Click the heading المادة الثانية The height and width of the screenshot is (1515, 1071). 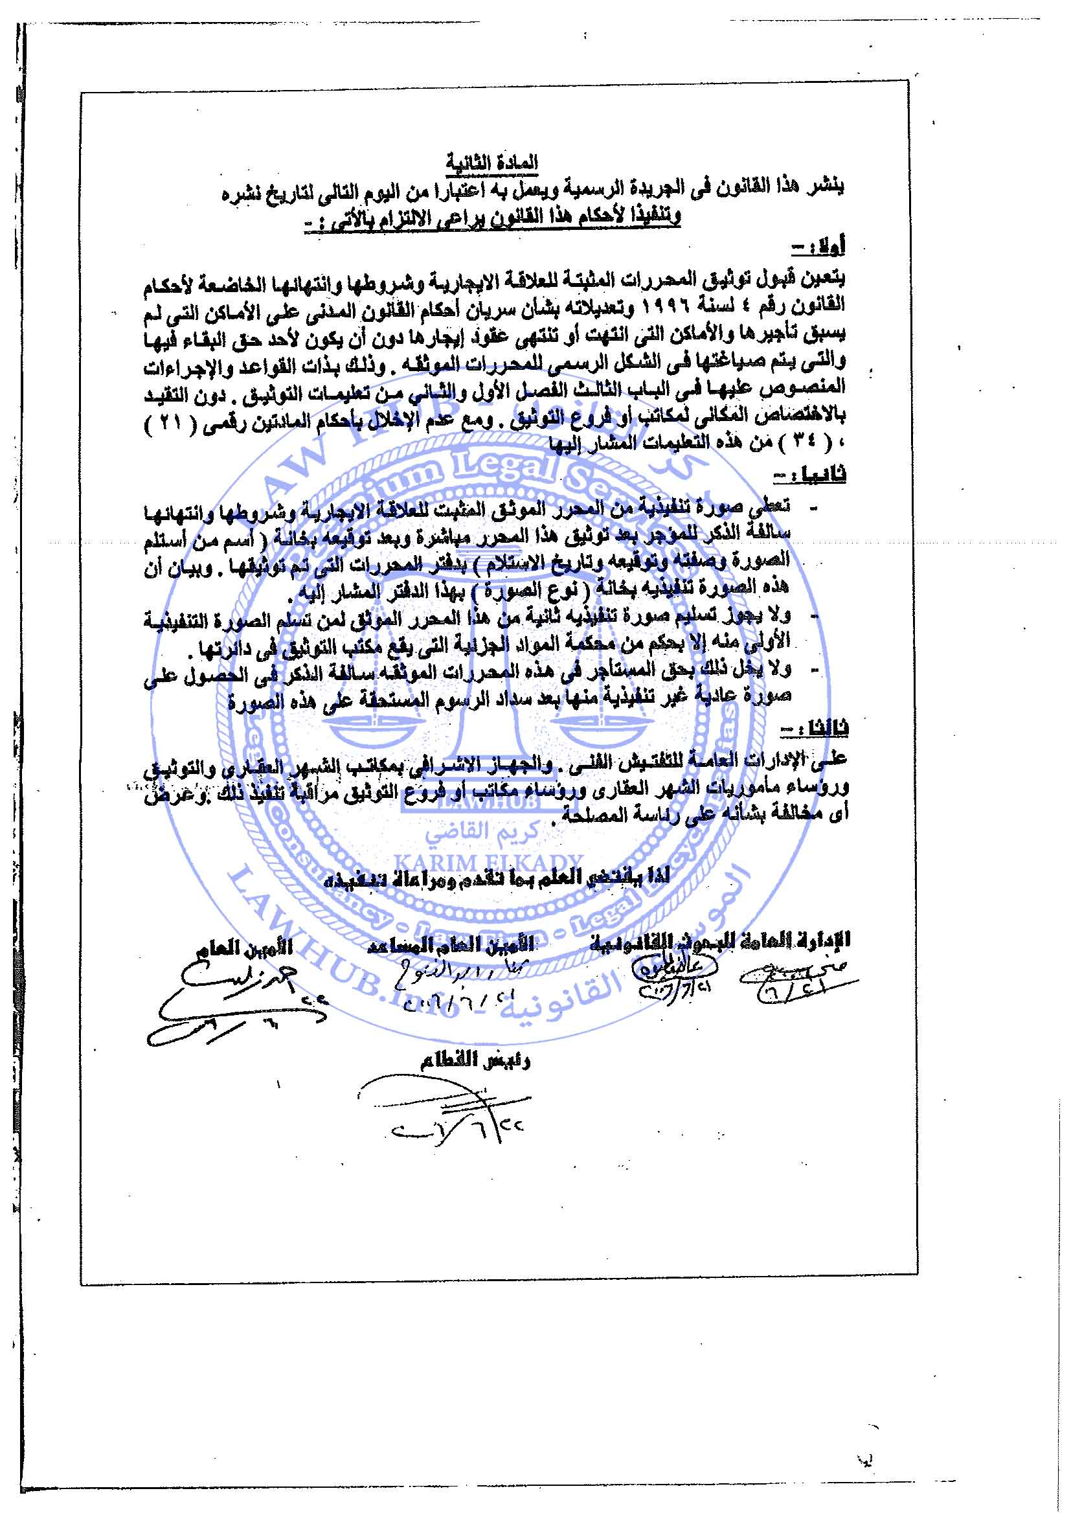click(491, 162)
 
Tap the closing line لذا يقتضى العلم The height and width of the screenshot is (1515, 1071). click(499, 877)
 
